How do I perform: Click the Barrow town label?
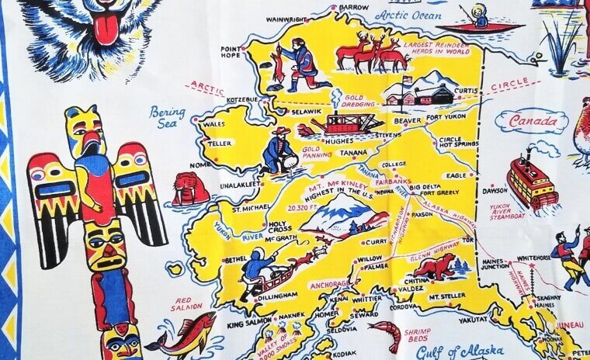point(353,7)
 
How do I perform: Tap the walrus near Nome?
point(190,189)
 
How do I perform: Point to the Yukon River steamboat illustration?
point(532,182)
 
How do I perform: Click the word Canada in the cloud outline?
point(532,121)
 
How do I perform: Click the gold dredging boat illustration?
point(351,121)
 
